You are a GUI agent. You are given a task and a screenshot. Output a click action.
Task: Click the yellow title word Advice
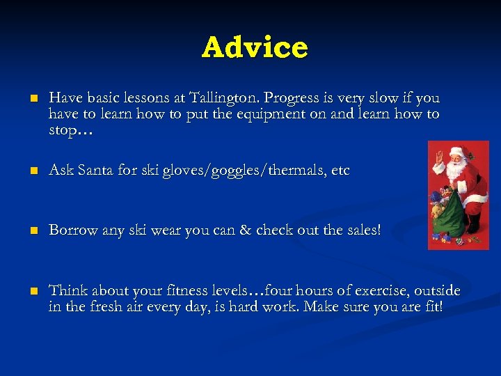255,47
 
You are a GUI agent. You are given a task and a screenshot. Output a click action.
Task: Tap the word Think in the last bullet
66,290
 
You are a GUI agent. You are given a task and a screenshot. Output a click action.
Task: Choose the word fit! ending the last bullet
429,306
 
